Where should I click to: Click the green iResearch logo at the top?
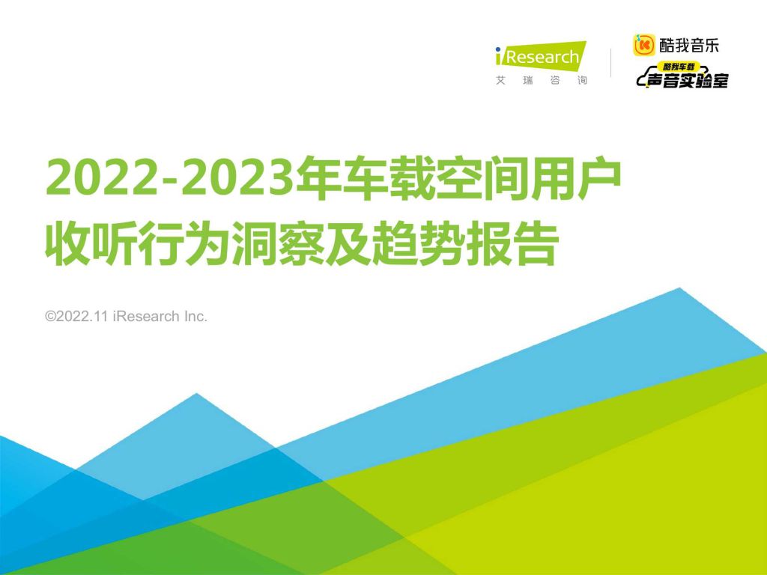click(541, 56)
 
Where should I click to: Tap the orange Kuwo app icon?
click(643, 45)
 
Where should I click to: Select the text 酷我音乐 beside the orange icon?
click(689, 46)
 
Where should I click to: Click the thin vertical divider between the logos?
click(610, 63)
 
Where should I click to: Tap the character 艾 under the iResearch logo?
click(500, 80)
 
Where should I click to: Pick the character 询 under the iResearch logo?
click(581, 80)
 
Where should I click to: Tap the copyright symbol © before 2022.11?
click(50, 317)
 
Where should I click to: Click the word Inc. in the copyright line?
click(195, 317)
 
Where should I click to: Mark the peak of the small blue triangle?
click(197, 393)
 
